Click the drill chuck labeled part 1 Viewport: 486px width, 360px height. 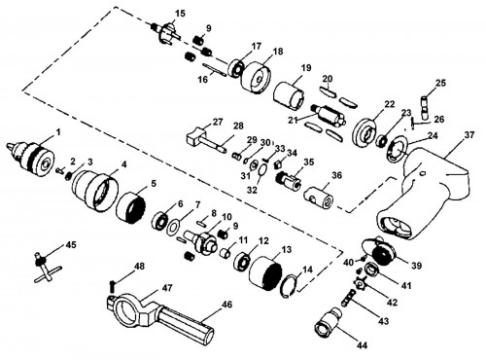[32, 158]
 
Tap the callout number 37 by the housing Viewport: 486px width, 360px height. [469, 134]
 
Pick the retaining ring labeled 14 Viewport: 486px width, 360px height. [290, 287]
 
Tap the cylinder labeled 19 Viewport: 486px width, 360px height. [290, 94]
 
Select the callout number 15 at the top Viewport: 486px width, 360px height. [180, 14]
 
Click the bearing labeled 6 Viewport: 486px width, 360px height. [159, 221]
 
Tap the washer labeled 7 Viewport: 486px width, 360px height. [174, 227]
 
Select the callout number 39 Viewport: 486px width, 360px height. [417, 266]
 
